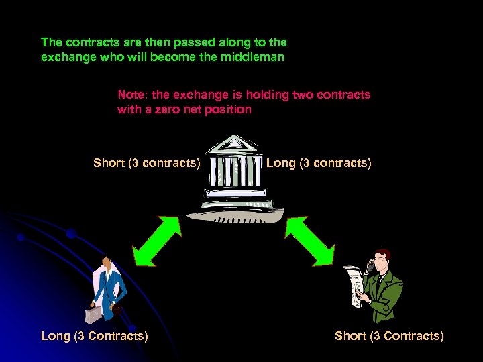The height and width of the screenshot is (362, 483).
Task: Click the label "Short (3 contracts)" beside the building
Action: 147,163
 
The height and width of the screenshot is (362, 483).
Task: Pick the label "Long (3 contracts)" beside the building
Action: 319,163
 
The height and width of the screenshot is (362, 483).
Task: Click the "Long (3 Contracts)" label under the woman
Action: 95,336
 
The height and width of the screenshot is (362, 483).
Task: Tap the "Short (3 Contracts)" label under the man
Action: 389,336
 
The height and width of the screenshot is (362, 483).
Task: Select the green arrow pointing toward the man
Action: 309,241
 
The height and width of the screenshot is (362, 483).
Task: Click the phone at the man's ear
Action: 370,266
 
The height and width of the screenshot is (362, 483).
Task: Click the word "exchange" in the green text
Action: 64,57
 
